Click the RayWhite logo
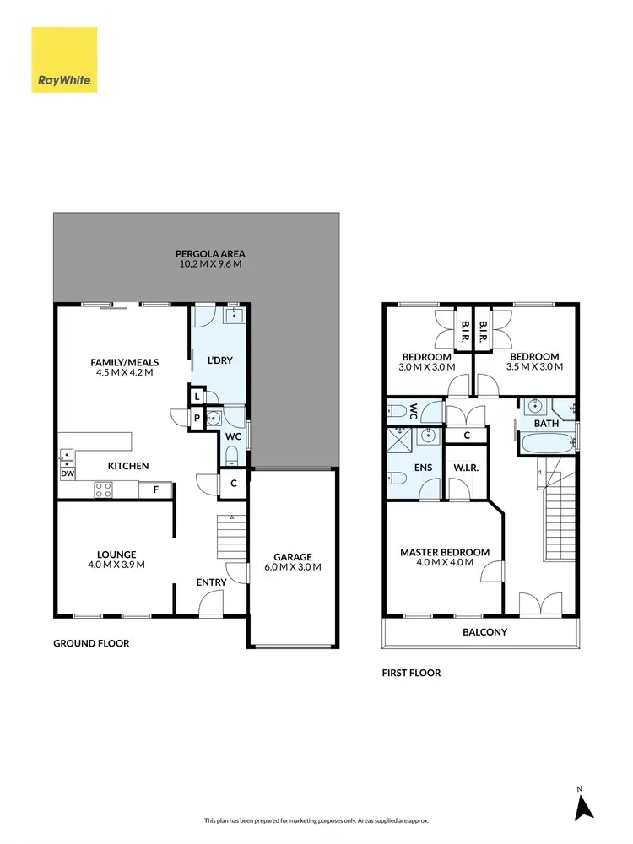point(64,60)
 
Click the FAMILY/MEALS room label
point(125,363)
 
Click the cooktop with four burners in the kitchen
point(104,488)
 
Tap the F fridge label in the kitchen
point(155,489)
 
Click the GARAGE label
point(293,557)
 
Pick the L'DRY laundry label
point(219,361)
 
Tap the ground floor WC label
point(234,436)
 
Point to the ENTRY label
point(211,582)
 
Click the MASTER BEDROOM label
point(444,553)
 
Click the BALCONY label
point(484,632)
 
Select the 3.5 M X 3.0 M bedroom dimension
point(534,367)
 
